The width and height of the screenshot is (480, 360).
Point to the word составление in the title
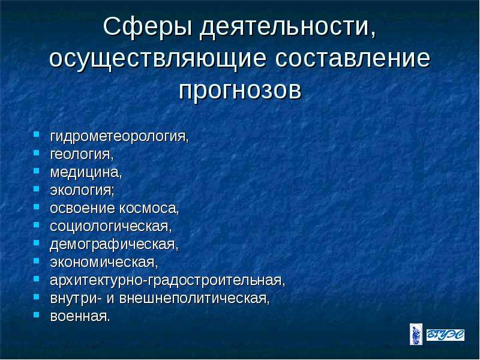[353, 58]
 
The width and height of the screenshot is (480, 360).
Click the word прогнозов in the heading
[241, 91]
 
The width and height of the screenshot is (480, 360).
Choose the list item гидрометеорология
[119, 137]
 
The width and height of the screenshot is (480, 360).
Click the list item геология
[82, 154]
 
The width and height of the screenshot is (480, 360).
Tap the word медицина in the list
[86, 172]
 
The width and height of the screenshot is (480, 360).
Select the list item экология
[82, 190]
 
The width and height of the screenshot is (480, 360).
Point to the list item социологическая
[111, 227]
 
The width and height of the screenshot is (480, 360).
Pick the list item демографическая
[114, 245]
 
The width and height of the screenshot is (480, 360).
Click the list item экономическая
[104, 263]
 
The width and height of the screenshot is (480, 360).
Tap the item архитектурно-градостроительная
[167, 280]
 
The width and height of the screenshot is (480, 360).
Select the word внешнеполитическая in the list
[194, 298]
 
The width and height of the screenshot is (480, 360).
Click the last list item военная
[80, 317]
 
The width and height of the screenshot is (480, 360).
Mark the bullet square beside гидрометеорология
[37, 134]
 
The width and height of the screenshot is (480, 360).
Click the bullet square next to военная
[37, 314]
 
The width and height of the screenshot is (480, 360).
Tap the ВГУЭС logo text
[445, 335]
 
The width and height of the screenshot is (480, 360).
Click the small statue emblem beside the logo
[416, 334]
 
